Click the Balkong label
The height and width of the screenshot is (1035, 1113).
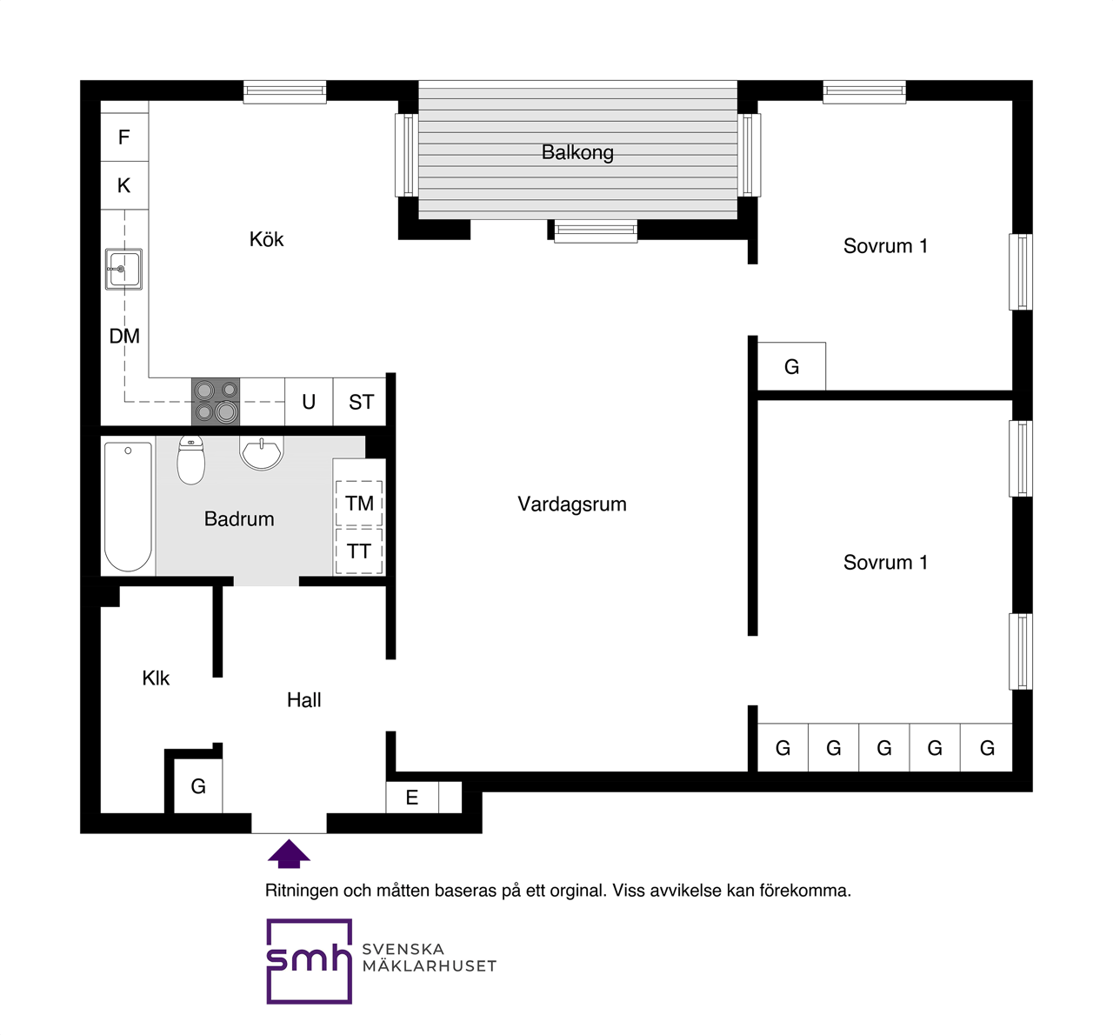577,152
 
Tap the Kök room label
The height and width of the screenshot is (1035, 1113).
266,239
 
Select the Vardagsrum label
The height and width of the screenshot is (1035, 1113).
571,504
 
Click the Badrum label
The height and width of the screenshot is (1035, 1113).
239,519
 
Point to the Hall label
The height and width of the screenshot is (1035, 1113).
304,700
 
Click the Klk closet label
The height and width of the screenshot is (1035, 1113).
156,678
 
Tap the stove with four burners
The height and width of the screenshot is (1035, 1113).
216,402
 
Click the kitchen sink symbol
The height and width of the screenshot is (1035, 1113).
123,269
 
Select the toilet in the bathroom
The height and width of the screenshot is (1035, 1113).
191,460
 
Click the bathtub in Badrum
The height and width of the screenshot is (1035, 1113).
128,506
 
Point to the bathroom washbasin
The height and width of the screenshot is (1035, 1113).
262,453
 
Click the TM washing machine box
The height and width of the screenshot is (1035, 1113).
359,504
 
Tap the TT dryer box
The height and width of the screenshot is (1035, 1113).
359,551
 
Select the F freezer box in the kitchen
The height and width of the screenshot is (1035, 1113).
124,137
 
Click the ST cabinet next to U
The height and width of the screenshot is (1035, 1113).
361,403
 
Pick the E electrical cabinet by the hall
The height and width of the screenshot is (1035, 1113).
412,798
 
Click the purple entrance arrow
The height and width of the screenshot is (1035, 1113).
289,854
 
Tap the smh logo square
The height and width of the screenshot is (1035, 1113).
309,961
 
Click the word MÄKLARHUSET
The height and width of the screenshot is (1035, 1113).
430,966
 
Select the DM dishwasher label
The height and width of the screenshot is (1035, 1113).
124,337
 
